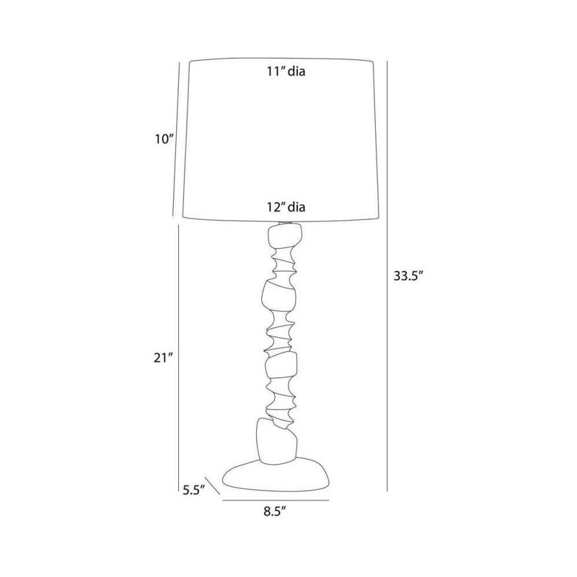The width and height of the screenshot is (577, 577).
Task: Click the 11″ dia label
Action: [x=286, y=71]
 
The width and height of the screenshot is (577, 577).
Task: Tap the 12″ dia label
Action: [x=286, y=207]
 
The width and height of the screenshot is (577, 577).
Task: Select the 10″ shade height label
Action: [x=164, y=139]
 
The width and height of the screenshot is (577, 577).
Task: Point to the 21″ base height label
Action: [x=163, y=358]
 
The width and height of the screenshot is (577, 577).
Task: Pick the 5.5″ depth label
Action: [x=193, y=490]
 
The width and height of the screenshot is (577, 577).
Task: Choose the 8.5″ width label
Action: [x=275, y=511]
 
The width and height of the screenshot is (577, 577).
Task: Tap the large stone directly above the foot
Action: [x=276, y=441]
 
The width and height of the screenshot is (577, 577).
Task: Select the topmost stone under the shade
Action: [x=285, y=237]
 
